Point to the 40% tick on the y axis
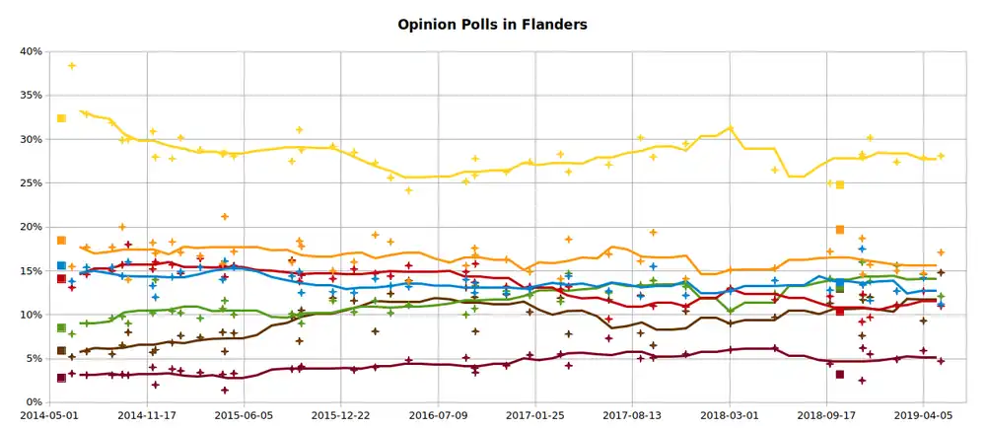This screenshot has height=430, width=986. [29, 51]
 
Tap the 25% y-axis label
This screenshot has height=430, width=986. [29, 183]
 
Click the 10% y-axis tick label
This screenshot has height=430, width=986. [29, 315]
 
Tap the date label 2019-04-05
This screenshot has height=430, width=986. [923, 417]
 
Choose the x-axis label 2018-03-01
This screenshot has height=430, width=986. [730, 417]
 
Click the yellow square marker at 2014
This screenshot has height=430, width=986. [61, 118]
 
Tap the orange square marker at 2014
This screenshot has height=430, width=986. [61, 241]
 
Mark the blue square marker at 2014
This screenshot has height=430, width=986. [61, 265]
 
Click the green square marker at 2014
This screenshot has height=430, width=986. [61, 327]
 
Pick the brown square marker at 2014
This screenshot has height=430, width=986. [61, 350]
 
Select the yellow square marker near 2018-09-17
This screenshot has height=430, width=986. [840, 184]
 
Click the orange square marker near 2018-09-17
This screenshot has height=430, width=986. [840, 230]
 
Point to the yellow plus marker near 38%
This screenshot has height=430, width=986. [72, 66]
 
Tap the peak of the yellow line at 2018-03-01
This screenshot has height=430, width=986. [730, 128]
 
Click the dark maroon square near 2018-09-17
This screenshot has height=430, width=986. [840, 375]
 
